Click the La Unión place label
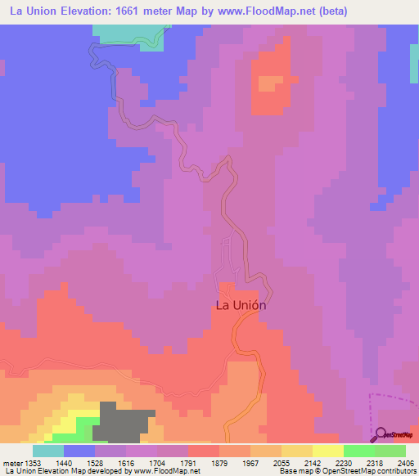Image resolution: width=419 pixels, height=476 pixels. click(241, 305)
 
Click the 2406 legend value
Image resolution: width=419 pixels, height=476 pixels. click(407, 463)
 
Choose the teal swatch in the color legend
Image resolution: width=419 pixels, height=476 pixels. click(48, 451)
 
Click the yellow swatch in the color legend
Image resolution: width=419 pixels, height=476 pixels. click(327, 451)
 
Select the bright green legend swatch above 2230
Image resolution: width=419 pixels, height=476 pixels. click(358, 451)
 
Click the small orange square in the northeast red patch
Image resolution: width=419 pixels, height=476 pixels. click(268, 83)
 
